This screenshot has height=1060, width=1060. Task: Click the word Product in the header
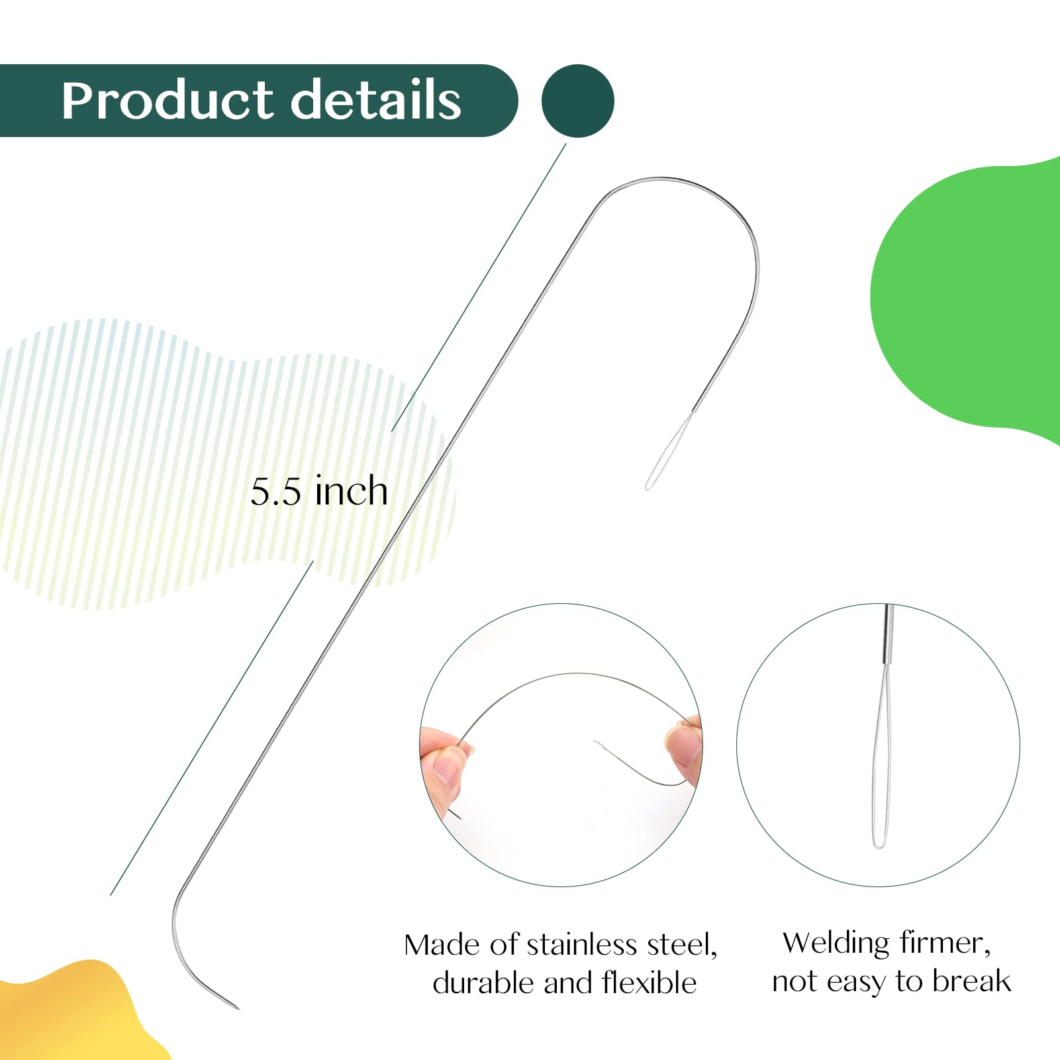(168, 101)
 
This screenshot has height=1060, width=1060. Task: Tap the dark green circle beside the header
(578, 101)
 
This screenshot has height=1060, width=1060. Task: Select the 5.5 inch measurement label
(319, 491)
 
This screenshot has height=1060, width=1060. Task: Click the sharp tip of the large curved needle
(238, 1008)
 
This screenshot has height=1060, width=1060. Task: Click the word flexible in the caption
(650, 983)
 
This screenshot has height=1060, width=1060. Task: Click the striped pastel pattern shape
(218, 463)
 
